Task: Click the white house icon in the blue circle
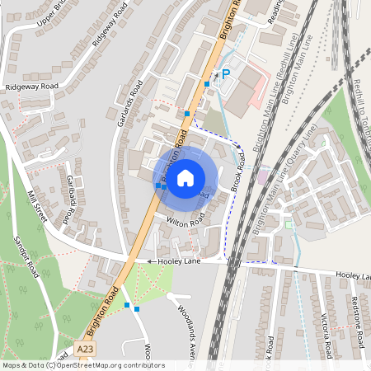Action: tap(185, 177)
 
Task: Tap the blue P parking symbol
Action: tap(226, 75)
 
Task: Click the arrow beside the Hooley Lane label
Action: tap(151, 261)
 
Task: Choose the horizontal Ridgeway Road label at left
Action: tap(31, 86)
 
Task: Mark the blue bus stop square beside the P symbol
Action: tap(206, 84)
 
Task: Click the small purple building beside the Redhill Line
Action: tap(263, 176)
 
